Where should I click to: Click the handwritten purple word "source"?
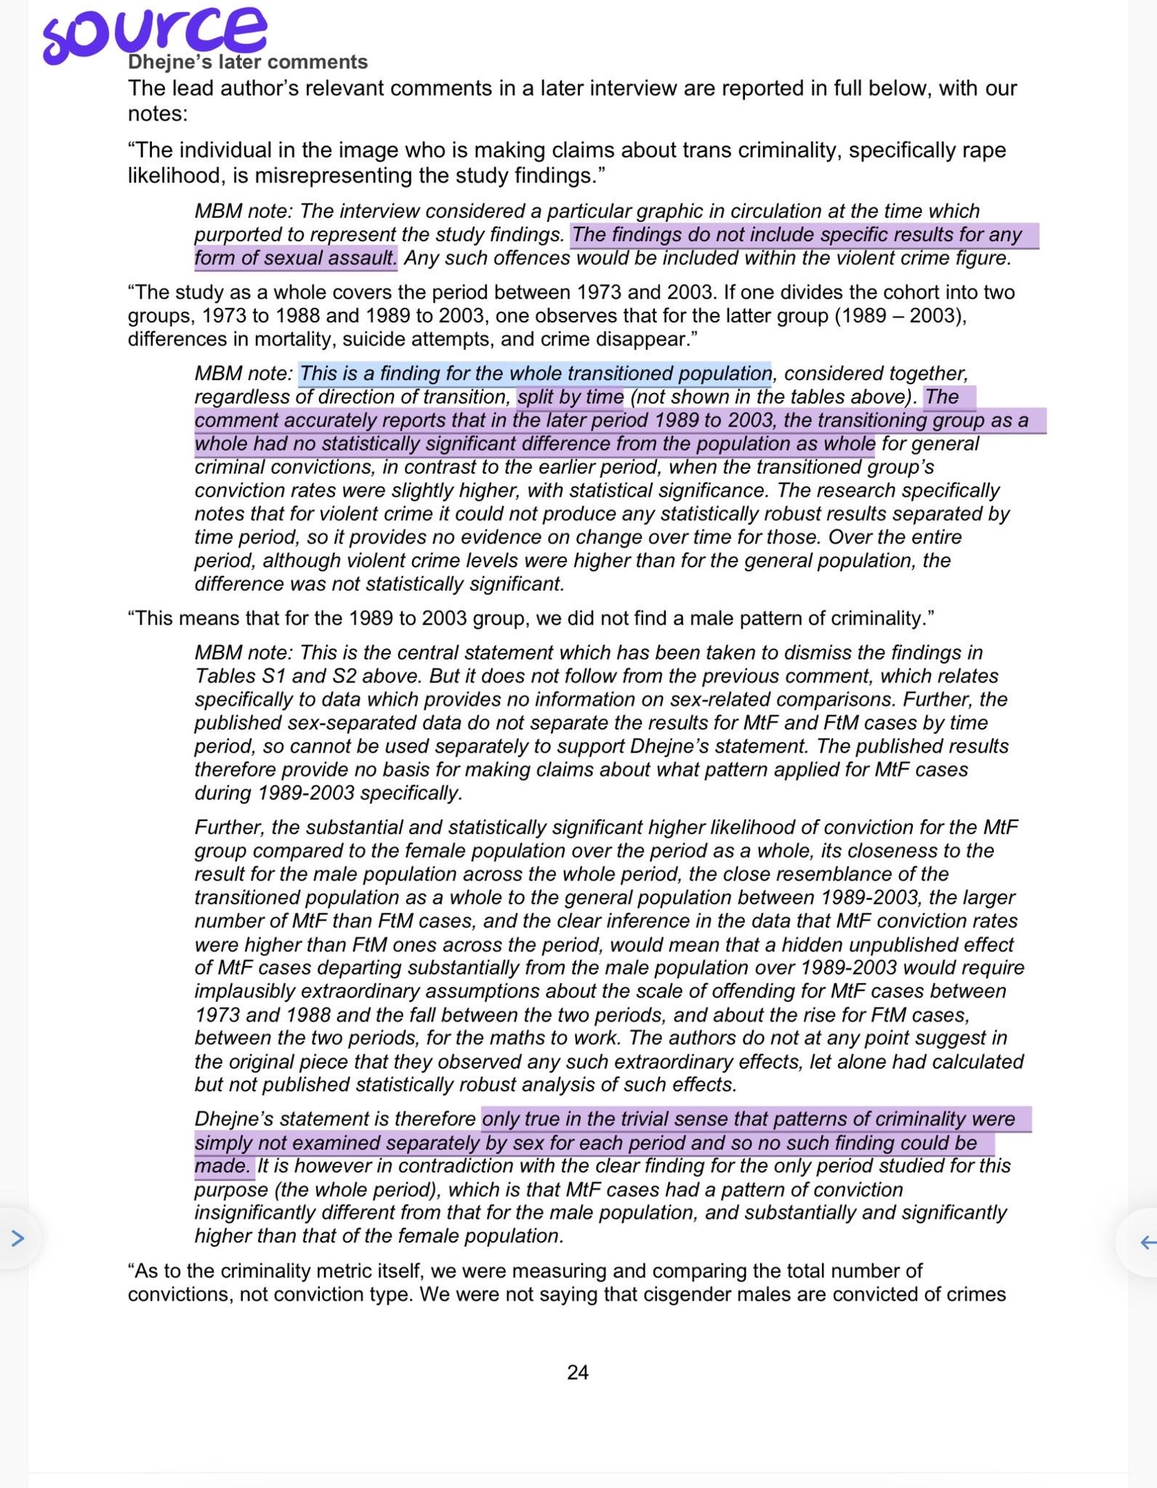click(153, 33)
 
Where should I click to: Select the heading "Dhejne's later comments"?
click(247, 62)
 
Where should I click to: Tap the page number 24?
click(578, 1372)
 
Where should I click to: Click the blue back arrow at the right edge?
click(1148, 1242)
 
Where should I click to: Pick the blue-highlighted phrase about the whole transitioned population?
click(535, 373)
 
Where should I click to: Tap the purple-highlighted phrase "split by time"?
click(571, 397)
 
